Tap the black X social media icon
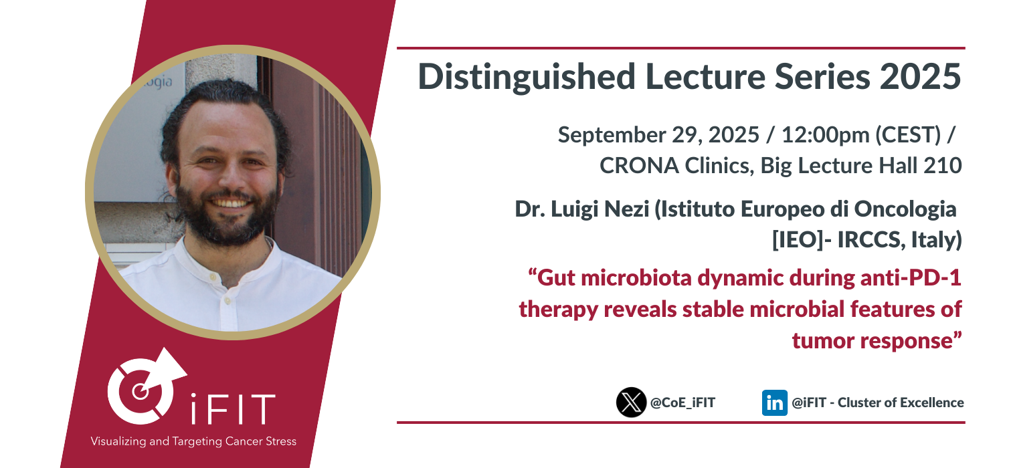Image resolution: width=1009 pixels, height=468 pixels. [631, 402]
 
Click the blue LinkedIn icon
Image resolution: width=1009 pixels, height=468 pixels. [774, 402]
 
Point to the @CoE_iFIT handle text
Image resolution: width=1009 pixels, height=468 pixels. [682, 402]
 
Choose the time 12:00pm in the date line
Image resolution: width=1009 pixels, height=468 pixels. [825, 135]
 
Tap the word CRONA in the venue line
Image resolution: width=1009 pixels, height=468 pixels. [639, 166]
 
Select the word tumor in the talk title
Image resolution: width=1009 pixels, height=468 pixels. [823, 341]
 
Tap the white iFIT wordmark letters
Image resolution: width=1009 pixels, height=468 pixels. [233, 409]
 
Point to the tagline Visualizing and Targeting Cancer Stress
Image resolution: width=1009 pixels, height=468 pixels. [193, 441]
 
